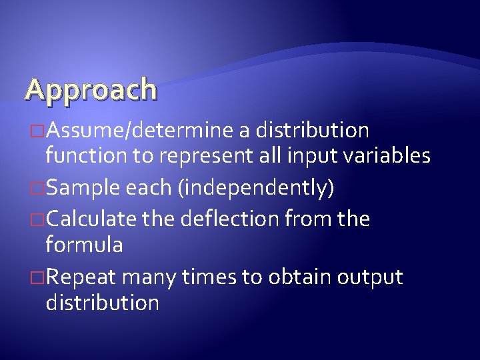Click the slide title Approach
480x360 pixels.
coord(91,89)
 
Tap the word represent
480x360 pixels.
coord(213,157)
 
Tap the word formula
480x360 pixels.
coord(83,245)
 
